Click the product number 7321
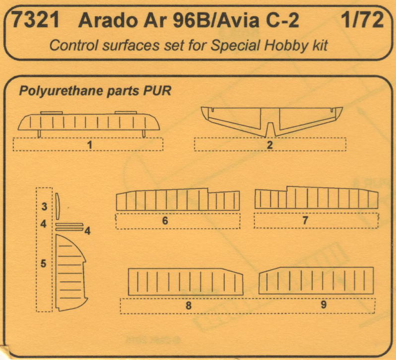pos(35,20)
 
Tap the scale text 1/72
pos(362,20)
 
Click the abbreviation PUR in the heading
pos(157,91)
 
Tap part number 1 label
pos(90,145)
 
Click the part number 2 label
pos(270,145)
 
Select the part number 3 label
pos(44,207)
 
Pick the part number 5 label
pos(44,264)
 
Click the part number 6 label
pos(165,221)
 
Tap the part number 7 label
pos(305,221)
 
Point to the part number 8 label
pos(189,306)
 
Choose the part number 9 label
pos(324,305)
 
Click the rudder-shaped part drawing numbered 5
pos(71,272)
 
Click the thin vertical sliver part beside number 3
pos(57,206)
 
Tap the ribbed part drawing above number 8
pos(185,282)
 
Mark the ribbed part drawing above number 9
pos(316,280)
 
